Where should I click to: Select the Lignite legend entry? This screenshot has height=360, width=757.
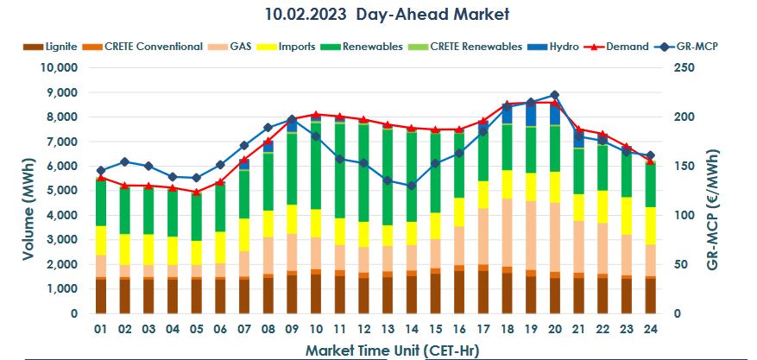click(60, 47)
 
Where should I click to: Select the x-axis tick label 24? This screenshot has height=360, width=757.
click(649, 330)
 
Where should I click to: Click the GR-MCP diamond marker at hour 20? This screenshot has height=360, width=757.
click(554, 95)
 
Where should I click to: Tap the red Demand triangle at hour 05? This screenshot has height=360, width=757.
click(197, 192)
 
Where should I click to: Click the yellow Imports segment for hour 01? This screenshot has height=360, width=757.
click(102, 241)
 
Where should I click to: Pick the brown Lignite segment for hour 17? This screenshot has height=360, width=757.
click(483, 293)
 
